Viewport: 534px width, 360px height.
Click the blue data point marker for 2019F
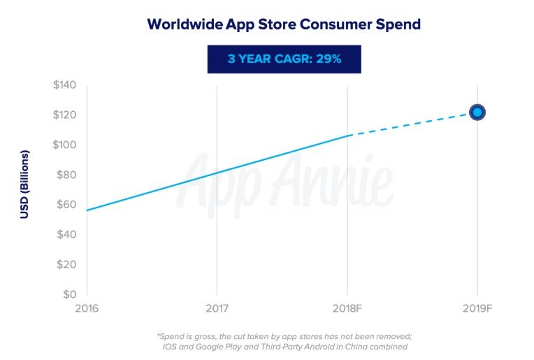pos(477,112)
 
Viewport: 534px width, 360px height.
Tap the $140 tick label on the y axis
pos(65,85)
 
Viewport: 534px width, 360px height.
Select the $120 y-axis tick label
pos(65,115)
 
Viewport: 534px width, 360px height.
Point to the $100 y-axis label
pos(65,145)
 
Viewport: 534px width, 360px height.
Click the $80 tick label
pos(67,175)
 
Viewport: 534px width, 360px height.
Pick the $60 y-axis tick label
pos(67,205)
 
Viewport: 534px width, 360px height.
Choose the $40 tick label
pos(67,235)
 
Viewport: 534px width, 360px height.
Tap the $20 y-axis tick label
pos(67,265)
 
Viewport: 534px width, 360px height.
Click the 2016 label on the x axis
pos(87,308)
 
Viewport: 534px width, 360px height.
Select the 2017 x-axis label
pos(217,308)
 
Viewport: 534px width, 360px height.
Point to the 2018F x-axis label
pos(347,308)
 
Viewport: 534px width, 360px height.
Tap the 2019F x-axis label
pos(478,308)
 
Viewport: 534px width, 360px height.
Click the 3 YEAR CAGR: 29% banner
pos(284,58)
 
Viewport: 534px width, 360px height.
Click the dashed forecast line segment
pos(412,123)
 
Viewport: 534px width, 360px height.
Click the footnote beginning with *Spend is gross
pos(284,336)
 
